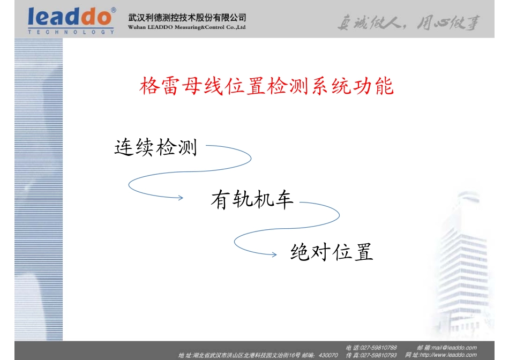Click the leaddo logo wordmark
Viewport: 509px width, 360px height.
70,17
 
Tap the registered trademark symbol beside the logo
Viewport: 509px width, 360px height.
113,10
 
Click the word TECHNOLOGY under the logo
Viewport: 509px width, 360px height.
71,32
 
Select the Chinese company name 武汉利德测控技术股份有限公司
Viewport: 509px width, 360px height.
188,18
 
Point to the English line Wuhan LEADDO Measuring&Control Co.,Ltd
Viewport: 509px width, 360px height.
187,27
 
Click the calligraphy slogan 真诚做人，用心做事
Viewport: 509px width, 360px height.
408,23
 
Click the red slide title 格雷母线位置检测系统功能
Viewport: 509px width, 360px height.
266,86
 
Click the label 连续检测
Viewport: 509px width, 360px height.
156,147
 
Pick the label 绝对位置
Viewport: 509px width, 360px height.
331,252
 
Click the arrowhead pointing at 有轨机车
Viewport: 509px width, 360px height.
181,198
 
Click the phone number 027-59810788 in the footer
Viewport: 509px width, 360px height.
379,348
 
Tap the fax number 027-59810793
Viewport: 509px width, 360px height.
379,355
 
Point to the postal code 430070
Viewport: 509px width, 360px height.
328,355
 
